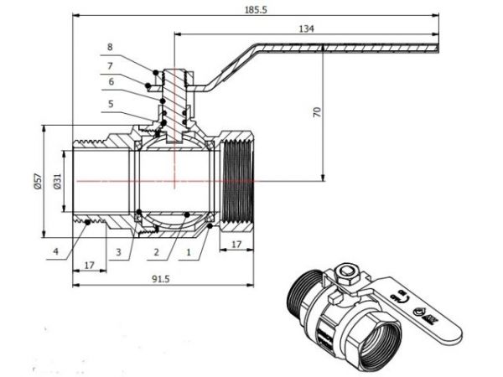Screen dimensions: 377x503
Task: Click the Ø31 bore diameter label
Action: [x=55, y=182]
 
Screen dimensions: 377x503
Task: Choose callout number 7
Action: [x=110, y=65]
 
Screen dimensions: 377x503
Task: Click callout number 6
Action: [x=110, y=82]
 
